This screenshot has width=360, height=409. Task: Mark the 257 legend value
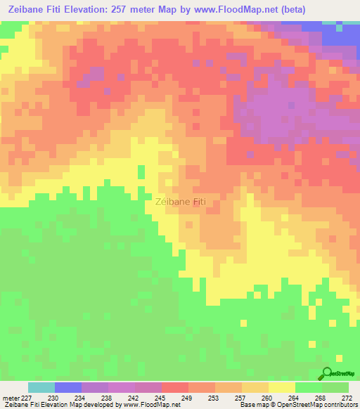pos(240,398)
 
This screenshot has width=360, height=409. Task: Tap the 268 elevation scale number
pos(321,398)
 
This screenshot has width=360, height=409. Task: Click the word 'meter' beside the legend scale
pos(11,398)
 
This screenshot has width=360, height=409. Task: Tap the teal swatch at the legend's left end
pos(41,387)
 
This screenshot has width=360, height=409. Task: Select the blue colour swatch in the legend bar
pos(68,387)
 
